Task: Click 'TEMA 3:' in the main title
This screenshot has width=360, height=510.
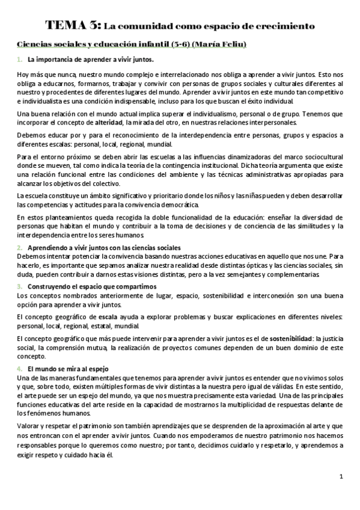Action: (73, 26)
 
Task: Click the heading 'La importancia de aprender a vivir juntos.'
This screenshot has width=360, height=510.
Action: (90, 60)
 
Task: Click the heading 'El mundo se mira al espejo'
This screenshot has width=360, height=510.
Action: (67, 368)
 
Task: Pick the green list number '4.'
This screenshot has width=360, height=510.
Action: (20, 368)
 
